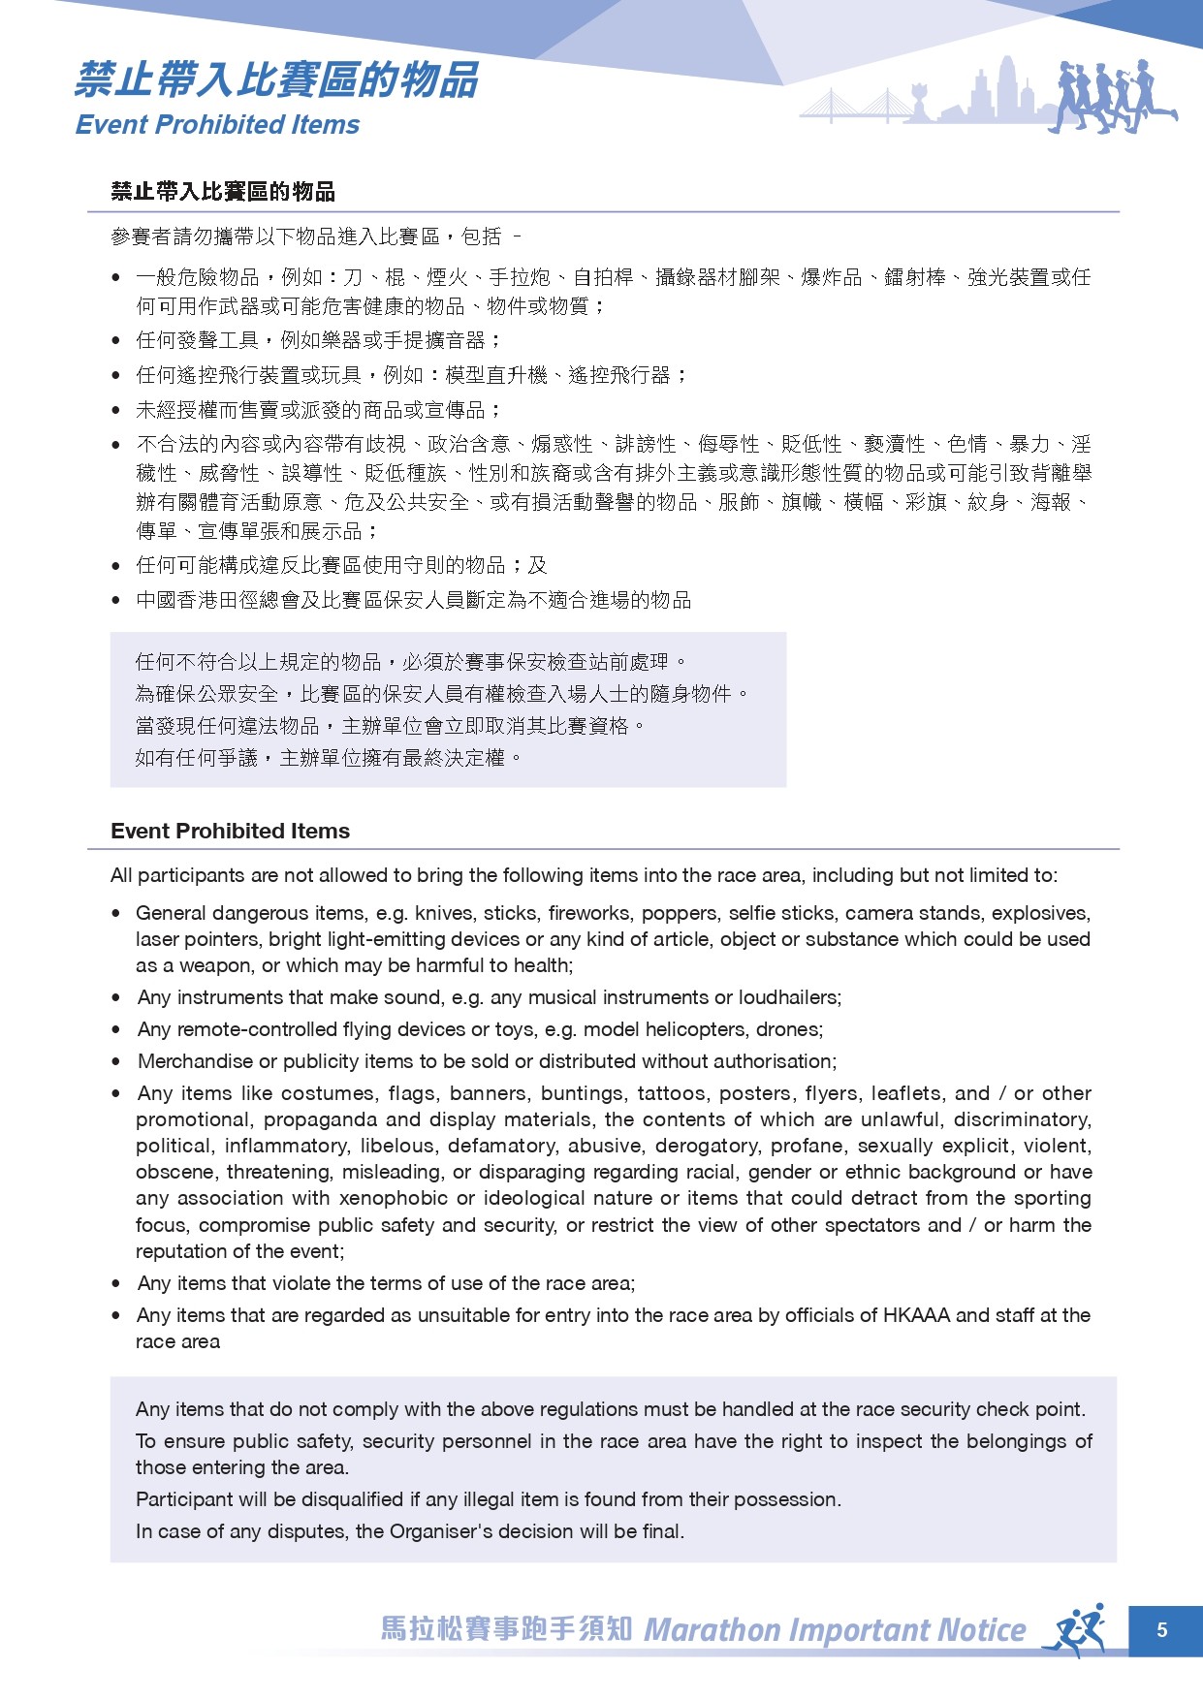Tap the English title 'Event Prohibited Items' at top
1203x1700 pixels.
click(x=217, y=125)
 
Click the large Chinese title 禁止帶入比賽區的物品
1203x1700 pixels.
click(x=276, y=79)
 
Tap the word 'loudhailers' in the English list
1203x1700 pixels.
click(x=788, y=997)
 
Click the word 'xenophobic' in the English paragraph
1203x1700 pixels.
click(x=406, y=1198)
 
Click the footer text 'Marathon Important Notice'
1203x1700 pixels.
click(x=835, y=1630)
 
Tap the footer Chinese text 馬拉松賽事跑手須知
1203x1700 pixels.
click(x=506, y=1628)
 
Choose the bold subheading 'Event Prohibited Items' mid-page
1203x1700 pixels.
click(x=230, y=831)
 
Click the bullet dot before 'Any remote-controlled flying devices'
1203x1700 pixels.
click(x=116, y=1029)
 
